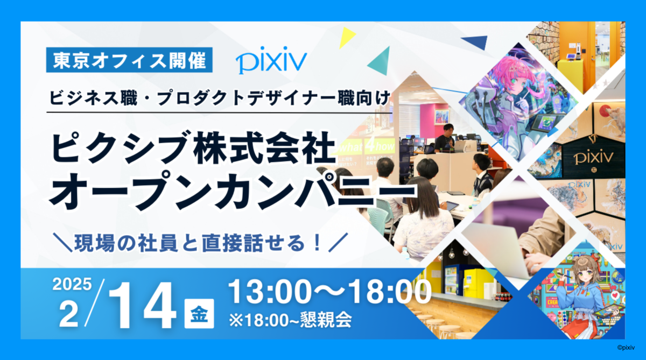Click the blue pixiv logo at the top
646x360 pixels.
(x=271, y=60)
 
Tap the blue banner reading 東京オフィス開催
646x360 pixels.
(x=129, y=60)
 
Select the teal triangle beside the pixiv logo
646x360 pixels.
(x=380, y=61)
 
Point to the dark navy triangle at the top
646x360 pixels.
(x=476, y=42)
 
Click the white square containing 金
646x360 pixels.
(x=199, y=314)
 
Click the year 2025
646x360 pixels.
(x=72, y=284)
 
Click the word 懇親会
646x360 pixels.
(x=326, y=320)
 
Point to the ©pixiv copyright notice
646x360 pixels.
(x=626, y=348)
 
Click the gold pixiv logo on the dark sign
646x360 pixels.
(x=593, y=158)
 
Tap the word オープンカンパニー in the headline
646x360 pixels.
(x=233, y=192)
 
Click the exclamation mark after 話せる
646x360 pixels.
(x=318, y=243)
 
